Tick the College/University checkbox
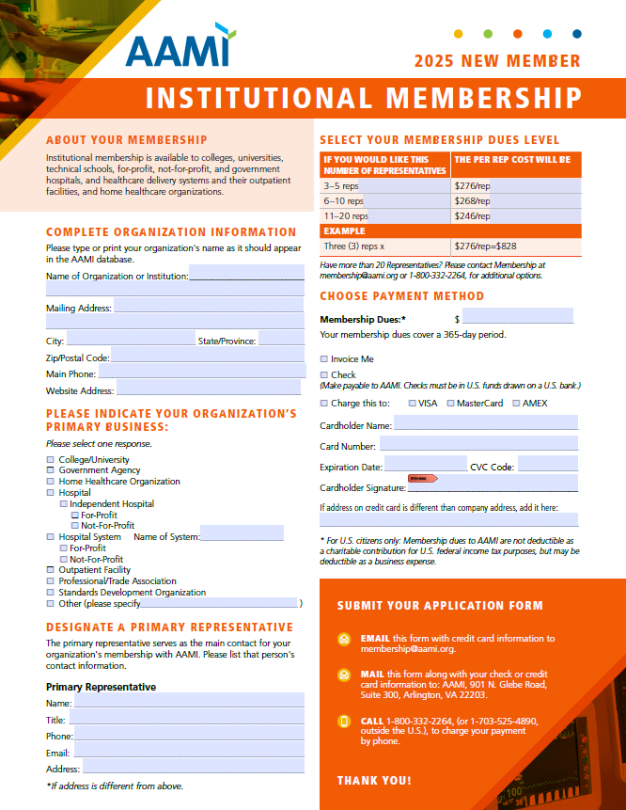pyautogui.click(x=51, y=460)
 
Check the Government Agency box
pyautogui.click(x=51, y=470)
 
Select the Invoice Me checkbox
pyautogui.click(x=324, y=358)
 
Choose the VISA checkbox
pyautogui.click(x=412, y=404)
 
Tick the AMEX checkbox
pyautogui.click(x=515, y=404)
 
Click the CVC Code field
pyautogui.click(x=547, y=466)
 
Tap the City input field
pyautogui.click(x=130, y=341)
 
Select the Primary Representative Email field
pyautogui.click(x=188, y=753)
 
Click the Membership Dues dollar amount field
pyautogui.click(x=517, y=319)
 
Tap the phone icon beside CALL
pyautogui.click(x=344, y=722)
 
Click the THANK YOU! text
pyautogui.click(x=374, y=780)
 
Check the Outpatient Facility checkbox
pyautogui.click(x=51, y=570)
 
